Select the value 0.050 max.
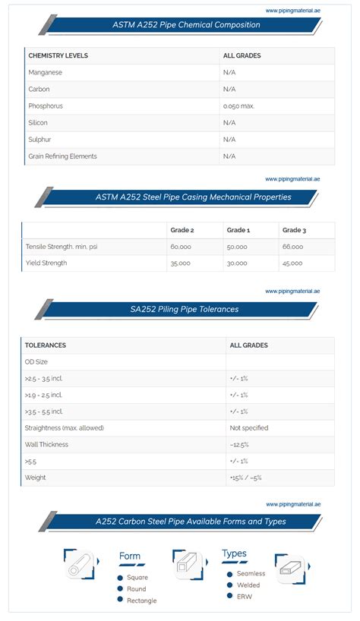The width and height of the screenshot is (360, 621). click(238, 106)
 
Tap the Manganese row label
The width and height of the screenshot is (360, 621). click(45, 72)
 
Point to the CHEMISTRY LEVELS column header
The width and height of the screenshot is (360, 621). click(58, 55)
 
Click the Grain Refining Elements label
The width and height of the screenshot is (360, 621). click(62, 156)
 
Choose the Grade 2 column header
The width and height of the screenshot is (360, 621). click(182, 230)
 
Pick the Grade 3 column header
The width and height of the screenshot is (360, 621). click(294, 230)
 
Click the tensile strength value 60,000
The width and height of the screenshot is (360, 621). click(181, 247)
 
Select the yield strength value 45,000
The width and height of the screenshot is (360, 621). click(292, 263)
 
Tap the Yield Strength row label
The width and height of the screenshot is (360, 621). click(46, 263)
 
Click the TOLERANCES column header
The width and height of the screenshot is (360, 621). click(45, 345)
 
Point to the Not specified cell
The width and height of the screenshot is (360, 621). click(248, 428)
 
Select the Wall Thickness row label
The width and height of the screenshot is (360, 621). click(46, 445)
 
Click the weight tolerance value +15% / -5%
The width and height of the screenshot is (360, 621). click(245, 478)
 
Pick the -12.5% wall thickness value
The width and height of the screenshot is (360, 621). click(239, 445)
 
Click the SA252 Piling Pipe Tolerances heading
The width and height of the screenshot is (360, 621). click(184, 310)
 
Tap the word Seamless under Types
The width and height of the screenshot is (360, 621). click(251, 574)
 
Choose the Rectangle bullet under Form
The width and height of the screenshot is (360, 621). click(141, 601)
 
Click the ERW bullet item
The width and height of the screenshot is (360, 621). click(245, 596)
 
